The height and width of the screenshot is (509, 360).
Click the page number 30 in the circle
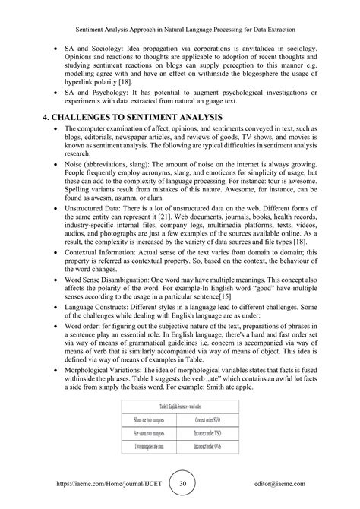pos(180,483)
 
